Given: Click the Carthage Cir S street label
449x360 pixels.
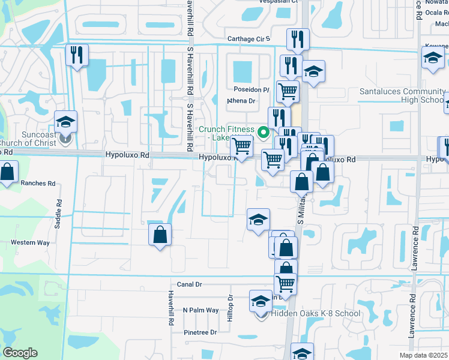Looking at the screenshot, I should [x=249, y=39].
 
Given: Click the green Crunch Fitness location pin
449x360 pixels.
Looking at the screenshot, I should [x=262, y=131].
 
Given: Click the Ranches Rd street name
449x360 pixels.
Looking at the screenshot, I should [x=38, y=183].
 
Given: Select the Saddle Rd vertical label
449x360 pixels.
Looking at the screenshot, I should [x=58, y=214].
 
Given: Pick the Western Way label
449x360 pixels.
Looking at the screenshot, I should [x=30, y=242].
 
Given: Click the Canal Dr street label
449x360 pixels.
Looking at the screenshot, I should [x=189, y=284].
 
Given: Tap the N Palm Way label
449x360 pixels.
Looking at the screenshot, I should [x=199, y=310].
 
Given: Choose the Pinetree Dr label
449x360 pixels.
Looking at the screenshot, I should [x=200, y=332].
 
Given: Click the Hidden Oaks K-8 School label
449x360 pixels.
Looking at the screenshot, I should [x=316, y=313].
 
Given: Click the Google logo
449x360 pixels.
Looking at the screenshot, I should [x=20, y=353].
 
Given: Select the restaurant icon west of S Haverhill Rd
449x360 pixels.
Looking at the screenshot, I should [x=77, y=55].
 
